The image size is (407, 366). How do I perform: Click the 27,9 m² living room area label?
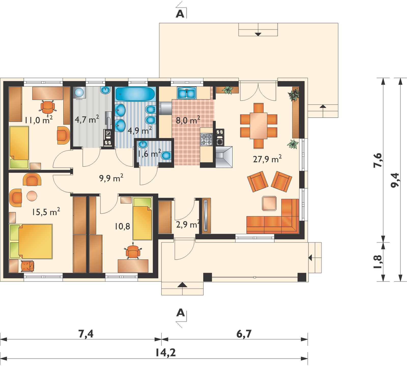tap(267, 159)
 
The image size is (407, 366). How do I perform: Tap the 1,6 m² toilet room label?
tap(149, 154)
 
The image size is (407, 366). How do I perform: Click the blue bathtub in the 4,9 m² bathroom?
tap(135, 94)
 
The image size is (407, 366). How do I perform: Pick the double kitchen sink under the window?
tap(187, 93)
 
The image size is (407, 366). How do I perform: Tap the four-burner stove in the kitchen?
tap(206, 140)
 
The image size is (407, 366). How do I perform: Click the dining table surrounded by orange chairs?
tap(259, 126)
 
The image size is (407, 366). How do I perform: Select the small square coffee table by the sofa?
tap(269, 203)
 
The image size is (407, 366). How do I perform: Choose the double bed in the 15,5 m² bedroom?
tap(31, 241)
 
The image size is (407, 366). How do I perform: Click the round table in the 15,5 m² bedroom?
tap(32, 196)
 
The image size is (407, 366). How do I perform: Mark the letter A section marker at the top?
tap(180, 14)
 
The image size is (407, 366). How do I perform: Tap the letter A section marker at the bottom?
tap(180, 312)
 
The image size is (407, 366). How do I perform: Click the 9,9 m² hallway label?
tap(111, 178)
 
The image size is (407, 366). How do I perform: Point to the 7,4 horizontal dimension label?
tap(86, 334)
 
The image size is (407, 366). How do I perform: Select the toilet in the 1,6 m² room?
tap(166, 155)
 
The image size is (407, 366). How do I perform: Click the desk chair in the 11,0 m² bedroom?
tap(47, 107)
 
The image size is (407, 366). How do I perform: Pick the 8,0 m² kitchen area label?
tap(188, 120)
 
